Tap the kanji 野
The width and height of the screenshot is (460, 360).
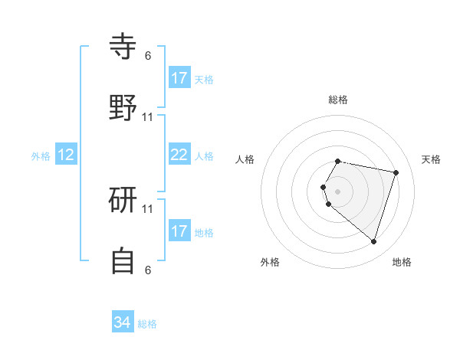pos(123,109)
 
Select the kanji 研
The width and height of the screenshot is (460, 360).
pos(123,201)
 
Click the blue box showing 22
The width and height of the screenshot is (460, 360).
pos(179,155)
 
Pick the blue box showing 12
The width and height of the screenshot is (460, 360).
pos(66,155)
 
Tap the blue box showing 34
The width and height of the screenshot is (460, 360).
pos(123,322)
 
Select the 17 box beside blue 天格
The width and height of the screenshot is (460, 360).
pos(179,78)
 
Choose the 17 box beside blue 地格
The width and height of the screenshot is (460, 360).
pos(179,231)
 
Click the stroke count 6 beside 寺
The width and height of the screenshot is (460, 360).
pos(148,55)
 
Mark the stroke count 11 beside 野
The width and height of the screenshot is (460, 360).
pos(148,116)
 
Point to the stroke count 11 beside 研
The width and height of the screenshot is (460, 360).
pos(148,208)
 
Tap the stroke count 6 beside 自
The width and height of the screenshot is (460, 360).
pos(148,270)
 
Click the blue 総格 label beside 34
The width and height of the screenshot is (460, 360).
pos(147,324)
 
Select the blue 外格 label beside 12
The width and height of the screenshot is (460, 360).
pos(41,156)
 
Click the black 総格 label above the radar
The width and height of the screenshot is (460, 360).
pos(338,100)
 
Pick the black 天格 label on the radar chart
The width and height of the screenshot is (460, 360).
pos(432,159)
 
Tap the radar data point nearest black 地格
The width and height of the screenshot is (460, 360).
pos(373,242)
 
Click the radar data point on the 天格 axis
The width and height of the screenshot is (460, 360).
pos(396,173)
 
